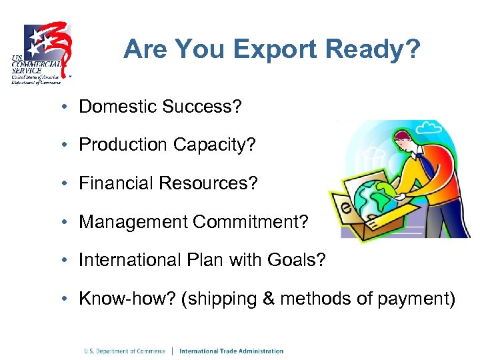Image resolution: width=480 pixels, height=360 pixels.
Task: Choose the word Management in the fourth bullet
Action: (132, 222)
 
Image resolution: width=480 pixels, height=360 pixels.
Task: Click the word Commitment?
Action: (251, 222)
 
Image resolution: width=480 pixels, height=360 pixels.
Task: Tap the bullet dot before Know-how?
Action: (68, 299)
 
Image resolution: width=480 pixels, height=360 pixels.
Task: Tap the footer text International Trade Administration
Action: (231, 351)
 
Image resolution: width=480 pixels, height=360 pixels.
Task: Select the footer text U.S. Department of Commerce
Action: (124, 351)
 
